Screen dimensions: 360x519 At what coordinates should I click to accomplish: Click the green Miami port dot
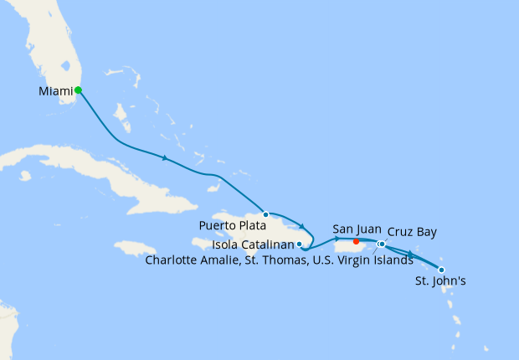[78, 90]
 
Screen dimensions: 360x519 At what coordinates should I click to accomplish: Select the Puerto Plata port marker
[266, 214]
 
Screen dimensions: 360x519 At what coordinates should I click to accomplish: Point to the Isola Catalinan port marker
[300, 244]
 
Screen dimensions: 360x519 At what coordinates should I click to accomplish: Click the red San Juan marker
[357, 242]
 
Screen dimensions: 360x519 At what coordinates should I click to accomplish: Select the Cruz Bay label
[412, 231]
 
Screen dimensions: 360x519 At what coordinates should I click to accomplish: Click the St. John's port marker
[441, 270]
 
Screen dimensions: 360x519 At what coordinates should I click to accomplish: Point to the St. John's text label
[441, 282]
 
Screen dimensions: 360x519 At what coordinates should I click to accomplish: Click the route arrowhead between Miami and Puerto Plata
[166, 157]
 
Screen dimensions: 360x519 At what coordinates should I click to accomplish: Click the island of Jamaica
[134, 249]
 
